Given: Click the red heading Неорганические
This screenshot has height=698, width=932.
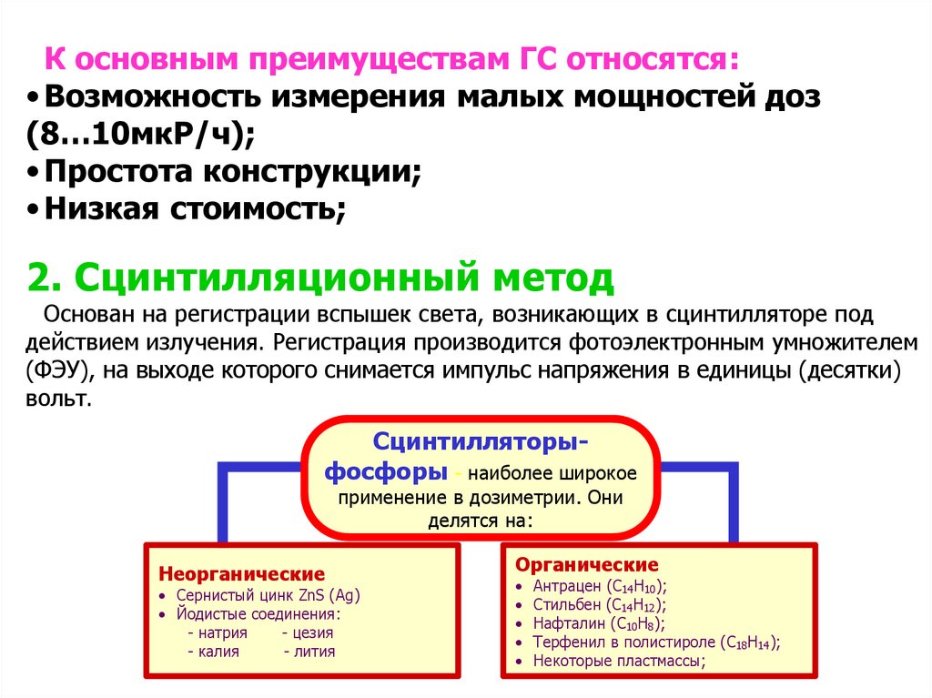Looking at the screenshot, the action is click(241, 574).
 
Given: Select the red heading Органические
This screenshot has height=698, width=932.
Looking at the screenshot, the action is click(587, 564).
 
